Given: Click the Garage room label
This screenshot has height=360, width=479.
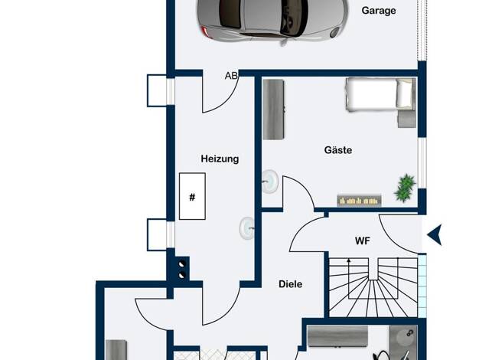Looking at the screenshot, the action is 379,11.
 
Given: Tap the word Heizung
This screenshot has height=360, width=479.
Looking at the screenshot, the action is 220,159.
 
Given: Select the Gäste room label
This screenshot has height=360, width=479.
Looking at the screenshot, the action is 338,150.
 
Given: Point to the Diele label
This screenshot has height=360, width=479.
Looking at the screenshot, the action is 290,284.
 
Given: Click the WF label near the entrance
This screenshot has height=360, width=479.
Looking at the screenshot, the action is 363,241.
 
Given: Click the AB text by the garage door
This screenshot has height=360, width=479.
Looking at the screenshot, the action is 231,76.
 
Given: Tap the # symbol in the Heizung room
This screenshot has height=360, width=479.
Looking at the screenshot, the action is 192,198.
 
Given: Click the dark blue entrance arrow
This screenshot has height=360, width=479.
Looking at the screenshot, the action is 435,234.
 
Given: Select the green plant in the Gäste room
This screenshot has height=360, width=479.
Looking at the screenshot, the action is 405,188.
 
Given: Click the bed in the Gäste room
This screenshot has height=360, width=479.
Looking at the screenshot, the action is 380,94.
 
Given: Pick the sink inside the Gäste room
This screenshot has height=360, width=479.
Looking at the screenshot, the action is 270,182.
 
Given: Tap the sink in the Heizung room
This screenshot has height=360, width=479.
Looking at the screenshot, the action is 247,228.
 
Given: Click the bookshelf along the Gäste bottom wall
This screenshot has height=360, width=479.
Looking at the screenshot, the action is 360,201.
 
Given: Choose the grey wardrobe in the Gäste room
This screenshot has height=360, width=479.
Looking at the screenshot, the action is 274,110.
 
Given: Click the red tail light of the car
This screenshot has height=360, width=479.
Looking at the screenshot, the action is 204,31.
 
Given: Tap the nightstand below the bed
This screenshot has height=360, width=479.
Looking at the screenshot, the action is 407,119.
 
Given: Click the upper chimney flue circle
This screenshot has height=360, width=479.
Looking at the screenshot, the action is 182,264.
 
